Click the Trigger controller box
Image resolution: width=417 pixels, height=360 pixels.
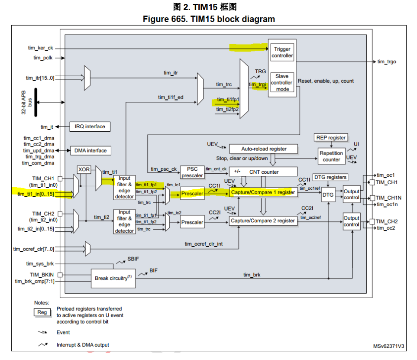click(x=282, y=52)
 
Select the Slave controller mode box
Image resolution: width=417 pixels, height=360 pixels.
click(x=282, y=82)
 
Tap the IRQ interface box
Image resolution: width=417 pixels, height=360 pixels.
click(x=90, y=126)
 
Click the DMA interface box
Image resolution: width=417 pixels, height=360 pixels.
click(x=91, y=151)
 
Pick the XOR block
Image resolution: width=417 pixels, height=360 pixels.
click(x=84, y=169)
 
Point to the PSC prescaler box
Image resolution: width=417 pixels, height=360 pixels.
click(x=192, y=172)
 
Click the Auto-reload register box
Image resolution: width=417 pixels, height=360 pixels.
click(x=264, y=149)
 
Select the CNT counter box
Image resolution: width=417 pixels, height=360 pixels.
click(x=263, y=172)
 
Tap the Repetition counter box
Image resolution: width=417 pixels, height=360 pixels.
click(x=331, y=156)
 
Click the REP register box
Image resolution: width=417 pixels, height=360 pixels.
click(x=331, y=138)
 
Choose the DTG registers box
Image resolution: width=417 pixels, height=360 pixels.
click(x=330, y=177)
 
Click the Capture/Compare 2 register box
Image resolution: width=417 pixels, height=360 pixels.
click(x=263, y=221)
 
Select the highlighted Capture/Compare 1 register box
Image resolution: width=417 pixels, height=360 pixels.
click(x=263, y=192)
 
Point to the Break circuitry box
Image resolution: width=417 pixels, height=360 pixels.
click(x=113, y=278)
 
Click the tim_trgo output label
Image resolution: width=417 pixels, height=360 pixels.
click(x=387, y=62)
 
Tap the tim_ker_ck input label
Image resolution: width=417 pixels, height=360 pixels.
click(x=40, y=48)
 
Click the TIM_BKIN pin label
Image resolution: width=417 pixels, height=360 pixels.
click(x=42, y=275)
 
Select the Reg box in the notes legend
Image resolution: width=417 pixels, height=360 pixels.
click(x=42, y=312)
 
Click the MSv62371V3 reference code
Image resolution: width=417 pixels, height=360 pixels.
click(x=388, y=346)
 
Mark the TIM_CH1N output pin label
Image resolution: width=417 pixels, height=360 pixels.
click(x=388, y=198)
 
